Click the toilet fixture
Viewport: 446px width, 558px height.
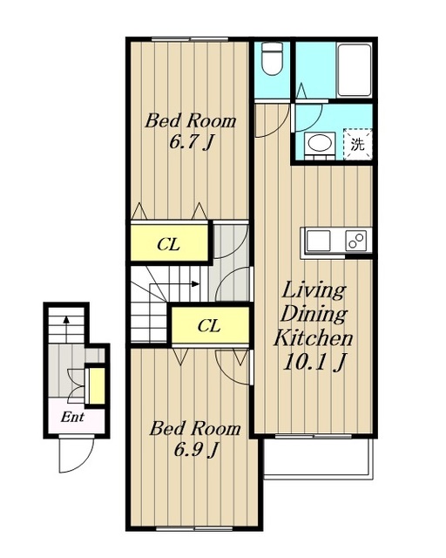[x=272, y=58]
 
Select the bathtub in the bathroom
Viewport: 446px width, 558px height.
[x=355, y=70]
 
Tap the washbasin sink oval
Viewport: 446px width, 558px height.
[x=320, y=143]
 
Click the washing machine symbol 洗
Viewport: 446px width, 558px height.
[x=358, y=145]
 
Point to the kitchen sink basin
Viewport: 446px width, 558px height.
[x=319, y=241]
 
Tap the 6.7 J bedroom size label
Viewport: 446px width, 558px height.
[x=191, y=143]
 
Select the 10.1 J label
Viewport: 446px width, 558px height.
[x=314, y=363]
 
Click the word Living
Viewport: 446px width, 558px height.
[x=314, y=290]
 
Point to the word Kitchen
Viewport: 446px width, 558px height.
[x=313, y=338]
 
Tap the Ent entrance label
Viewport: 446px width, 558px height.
[x=72, y=417]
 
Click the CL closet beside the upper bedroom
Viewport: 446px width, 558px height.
[x=169, y=244]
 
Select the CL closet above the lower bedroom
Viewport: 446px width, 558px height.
[x=209, y=325]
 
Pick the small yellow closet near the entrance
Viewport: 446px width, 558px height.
[x=97, y=385]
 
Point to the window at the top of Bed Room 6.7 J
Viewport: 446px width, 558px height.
[x=190, y=39]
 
